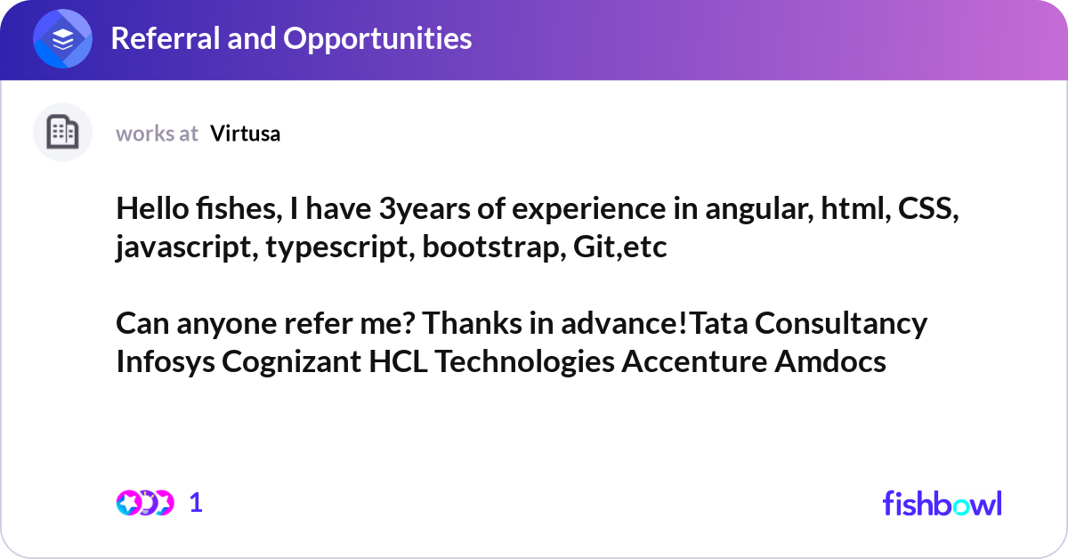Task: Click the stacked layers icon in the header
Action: click(x=62, y=38)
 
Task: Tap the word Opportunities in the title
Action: click(x=377, y=39)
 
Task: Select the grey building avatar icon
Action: click(x=62, y=132)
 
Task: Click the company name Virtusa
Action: click(x=246, y=134)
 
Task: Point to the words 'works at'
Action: click(x=157, y=134)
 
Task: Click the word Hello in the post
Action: click(x=152, y=209)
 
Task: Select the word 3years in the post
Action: click(x=425, y=210)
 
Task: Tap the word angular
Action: click(x=760, y=210)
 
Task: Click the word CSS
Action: click(x=928, y=209)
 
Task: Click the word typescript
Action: click(x=340, y=248)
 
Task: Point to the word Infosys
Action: click(x=166, y=361)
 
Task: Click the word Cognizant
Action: click(x=292, y=361)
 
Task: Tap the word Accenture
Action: click(x=695, y=361)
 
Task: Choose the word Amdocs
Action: click(x=830, y=361)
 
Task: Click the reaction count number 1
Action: click(x=196, y=503)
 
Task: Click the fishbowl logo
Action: click(x=943, y=503)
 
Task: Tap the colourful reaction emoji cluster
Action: click(x=145, y=503)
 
